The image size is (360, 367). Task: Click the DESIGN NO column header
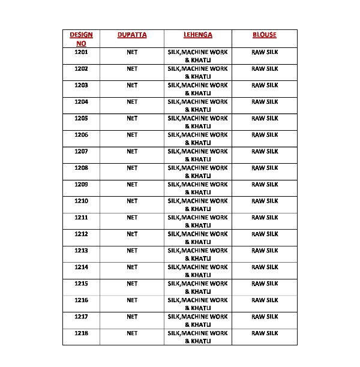[81, 39]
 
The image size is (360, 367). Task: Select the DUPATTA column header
[132, 35]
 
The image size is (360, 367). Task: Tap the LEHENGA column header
[197, 35]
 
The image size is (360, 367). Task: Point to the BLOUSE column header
[265, 35]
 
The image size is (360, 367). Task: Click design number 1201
[81, 52]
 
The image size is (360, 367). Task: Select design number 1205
[81, 118]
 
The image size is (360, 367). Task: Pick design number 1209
[81, 184]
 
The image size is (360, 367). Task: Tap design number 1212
[81, 234]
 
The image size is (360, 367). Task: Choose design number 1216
[81, 300]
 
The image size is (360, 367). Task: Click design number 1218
[81, 333]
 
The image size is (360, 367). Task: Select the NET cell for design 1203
[132, 85]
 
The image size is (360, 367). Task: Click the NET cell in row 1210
[132, 201]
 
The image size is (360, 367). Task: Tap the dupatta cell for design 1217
[132, 316]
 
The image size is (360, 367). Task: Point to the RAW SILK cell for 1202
[265, 68]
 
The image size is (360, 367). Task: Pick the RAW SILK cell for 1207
[265, 151]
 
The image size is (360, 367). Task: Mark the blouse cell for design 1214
[265, 267]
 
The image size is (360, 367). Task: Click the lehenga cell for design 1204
[197, 106]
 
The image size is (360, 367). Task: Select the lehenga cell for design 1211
[197, 221]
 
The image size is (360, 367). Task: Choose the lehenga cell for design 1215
[197, 287]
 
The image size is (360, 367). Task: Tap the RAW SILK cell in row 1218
[265, 333]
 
